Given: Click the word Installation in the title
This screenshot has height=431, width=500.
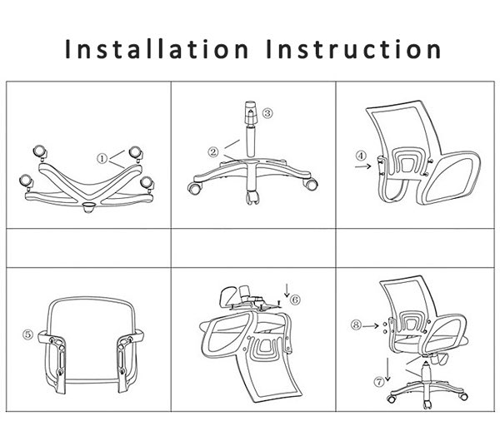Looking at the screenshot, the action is tap(157, 49).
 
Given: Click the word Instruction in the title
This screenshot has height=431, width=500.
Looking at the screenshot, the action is tap(354, 49).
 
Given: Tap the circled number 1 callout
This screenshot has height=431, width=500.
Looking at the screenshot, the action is tap(102, 158).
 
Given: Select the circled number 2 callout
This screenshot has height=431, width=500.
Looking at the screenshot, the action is tap(213, 151).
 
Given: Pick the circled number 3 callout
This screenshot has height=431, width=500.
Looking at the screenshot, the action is tap(267, 112).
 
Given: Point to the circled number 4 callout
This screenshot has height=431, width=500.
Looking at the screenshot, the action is tap(361, 156).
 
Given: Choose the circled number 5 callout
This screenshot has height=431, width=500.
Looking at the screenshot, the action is tap(27, 334).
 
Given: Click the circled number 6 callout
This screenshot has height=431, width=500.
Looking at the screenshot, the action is tap(295, 300).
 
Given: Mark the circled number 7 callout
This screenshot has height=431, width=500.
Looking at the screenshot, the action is tap(379, 382).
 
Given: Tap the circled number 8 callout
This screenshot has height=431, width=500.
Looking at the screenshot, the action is tap(356, 325).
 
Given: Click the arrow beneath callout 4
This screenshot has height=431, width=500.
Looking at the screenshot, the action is tap(362, 166).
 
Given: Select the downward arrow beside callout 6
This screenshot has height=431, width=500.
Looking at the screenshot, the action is tap(287, 290).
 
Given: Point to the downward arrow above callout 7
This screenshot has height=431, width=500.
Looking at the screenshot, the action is tap(387, 369).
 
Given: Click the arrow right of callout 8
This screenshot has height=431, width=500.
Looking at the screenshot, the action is tap(371, 325).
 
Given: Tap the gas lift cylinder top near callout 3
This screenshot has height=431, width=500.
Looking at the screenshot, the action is tap(251, 113).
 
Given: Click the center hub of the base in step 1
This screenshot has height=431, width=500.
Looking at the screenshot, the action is tap(88, 207).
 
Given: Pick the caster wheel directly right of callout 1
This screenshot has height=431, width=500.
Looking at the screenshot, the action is tap(136, 153).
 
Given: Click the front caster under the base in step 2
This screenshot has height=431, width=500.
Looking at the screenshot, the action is tap(252, 197).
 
